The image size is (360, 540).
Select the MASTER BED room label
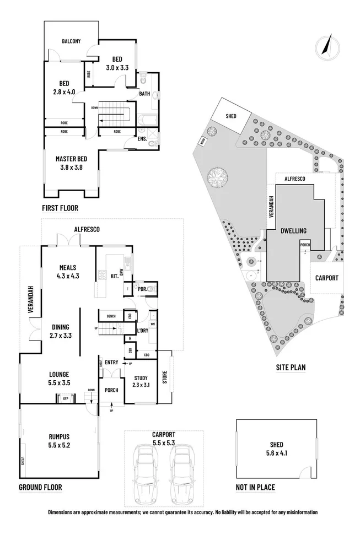[x=69, y=159]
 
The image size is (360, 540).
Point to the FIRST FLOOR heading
[x=60, y=208]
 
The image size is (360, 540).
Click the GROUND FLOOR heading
[x=40, y=487]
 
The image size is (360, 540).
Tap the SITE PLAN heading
[x=291, y=367]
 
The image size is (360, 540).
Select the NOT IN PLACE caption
[x=255, y=487]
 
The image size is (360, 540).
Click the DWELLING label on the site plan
[x=293, y=231]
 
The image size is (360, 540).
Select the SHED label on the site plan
[x=230, y=116]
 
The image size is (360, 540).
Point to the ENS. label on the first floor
[x=142, y=139]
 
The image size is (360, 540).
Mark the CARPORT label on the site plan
[x=326, y=278]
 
